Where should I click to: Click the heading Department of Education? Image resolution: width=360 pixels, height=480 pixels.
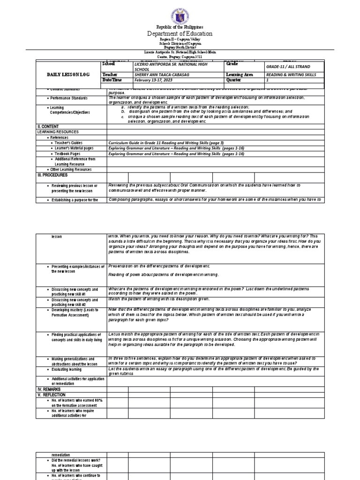point(180,34)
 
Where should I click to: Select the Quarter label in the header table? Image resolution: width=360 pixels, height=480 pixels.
point(234,80)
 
